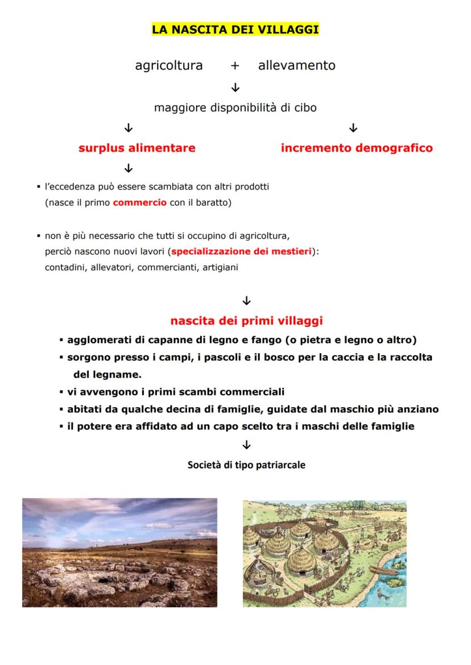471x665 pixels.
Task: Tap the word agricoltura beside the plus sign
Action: [168, 65]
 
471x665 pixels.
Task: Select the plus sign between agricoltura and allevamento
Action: [234, 66]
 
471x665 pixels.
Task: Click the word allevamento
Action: [296, 65]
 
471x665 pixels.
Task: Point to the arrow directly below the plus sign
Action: [235, 87]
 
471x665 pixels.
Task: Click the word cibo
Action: [305, 107]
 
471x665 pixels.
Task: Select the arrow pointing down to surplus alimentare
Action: [129, 128]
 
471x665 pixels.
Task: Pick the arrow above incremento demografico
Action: [353, 128]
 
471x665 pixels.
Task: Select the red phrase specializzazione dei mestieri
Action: [242, 252]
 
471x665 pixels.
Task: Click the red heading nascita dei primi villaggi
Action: [246, 321]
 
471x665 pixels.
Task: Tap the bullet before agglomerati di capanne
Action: [61, 341]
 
